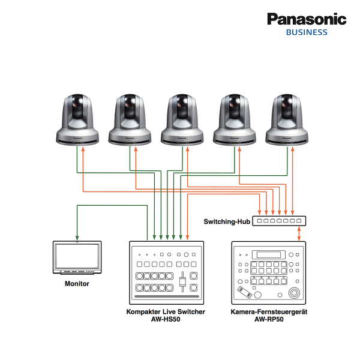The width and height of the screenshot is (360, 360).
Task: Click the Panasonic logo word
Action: click(307, 19)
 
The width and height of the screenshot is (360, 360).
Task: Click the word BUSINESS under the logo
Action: click(307, 32)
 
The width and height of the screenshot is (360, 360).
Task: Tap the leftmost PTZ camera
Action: click(77, 119)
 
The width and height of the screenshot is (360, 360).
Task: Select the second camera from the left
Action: click(130, 119)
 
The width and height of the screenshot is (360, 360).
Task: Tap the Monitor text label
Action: click(77, 283)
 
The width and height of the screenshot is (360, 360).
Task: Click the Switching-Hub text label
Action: click(226, 221)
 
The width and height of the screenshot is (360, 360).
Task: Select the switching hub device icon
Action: click(278, 221)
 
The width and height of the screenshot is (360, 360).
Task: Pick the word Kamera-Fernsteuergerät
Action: click(269, 312)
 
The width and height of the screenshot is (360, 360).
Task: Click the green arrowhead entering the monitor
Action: click(77, 238)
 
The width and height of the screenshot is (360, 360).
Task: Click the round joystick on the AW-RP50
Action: click(293, 293)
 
